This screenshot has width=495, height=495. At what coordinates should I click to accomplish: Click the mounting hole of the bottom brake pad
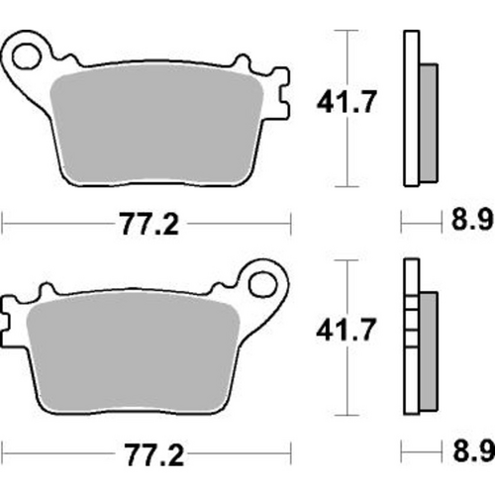pyautogui.click(x=265, y=284)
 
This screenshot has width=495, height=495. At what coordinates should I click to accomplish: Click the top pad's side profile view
pyautogui.click(x=410, y=109)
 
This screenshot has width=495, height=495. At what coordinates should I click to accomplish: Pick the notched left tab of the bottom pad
pyautogui.click(x=12, y=317)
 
